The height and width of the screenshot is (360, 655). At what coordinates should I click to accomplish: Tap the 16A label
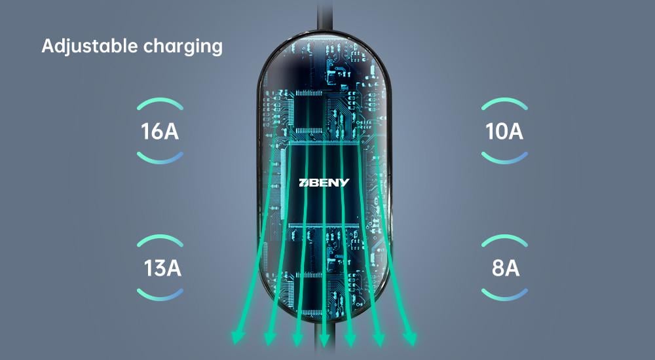click(x=160, y=131)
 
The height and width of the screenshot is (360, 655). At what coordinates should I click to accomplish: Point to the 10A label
click(x=504, y=131)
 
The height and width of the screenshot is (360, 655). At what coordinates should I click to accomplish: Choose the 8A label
click(x=505, y=268)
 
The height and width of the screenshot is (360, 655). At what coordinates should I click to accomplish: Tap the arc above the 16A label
click(x=160, y=102)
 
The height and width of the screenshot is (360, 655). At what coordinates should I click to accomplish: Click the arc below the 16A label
click(x=160, y=158)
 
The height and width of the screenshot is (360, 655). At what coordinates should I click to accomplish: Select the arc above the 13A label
click(x=160, y=239)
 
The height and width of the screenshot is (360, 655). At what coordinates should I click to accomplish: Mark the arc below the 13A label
click(x=160, y=296)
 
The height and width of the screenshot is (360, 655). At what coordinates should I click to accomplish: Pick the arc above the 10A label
click(x=504, y=102)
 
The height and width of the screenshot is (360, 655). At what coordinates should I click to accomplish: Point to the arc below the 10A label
click(x=504, y=158)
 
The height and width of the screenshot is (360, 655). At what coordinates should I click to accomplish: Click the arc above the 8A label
click(x=504, y=239)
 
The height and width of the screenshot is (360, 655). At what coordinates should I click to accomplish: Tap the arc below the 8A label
click(x=504, y=296)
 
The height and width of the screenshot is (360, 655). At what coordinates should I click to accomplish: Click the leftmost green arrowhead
click(x=237, y=338)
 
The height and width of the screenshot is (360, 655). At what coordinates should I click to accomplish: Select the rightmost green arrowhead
click(x=411, y=338)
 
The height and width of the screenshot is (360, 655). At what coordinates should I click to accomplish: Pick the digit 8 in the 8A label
click(x=497, y=268)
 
